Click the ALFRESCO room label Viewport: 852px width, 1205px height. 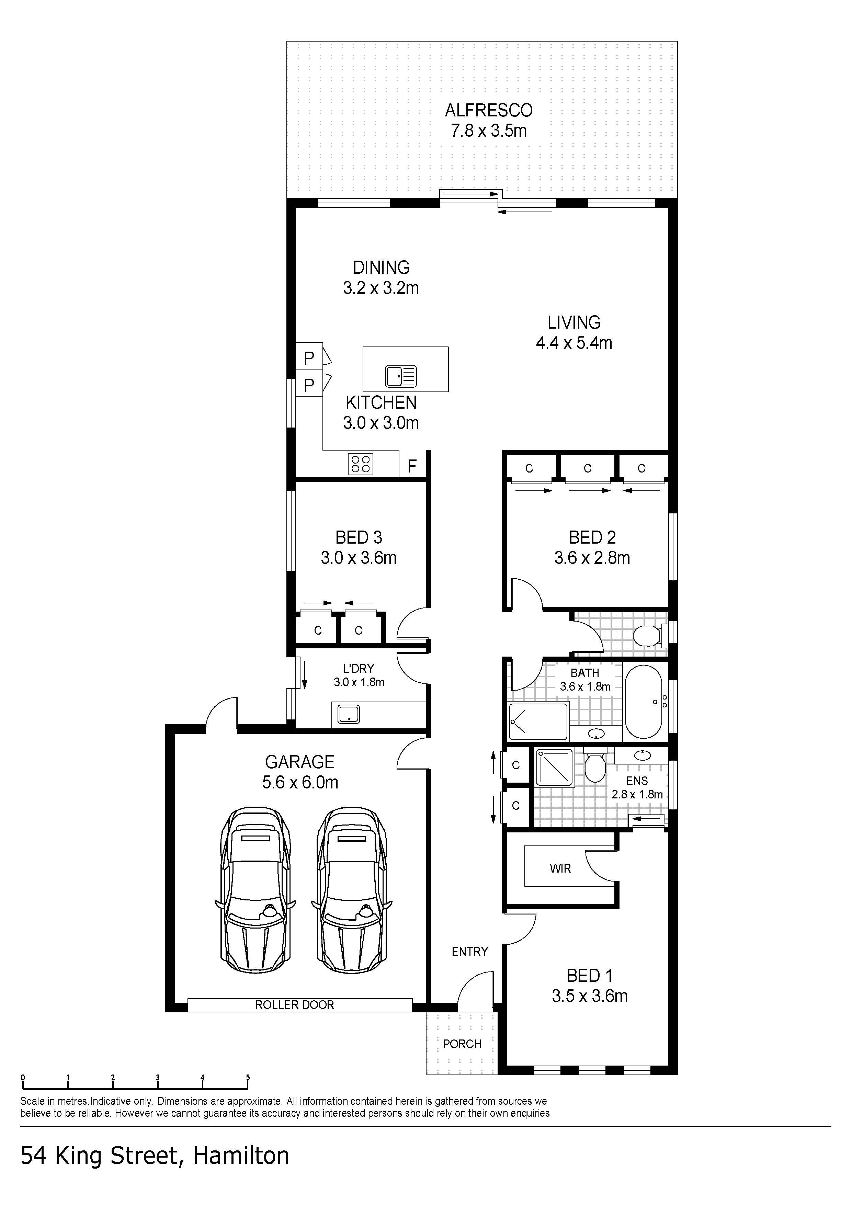(x=489, y=110)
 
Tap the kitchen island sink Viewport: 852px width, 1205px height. (x=401, y=376)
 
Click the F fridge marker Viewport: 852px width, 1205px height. (x=412, y=466)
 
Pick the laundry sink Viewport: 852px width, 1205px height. (x=349, y=714)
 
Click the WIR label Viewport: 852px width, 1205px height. (x=560, y=868)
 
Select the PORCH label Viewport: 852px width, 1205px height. (x=462, y=1044)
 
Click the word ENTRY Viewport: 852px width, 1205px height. (x=470, y=952)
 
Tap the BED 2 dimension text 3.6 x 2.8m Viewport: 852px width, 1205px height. (x=592, y=557)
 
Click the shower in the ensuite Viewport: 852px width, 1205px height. (x=554, y=767)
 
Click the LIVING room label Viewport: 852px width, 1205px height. (x=574, y=322)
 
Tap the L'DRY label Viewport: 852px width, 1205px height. (x=359, y=669)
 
